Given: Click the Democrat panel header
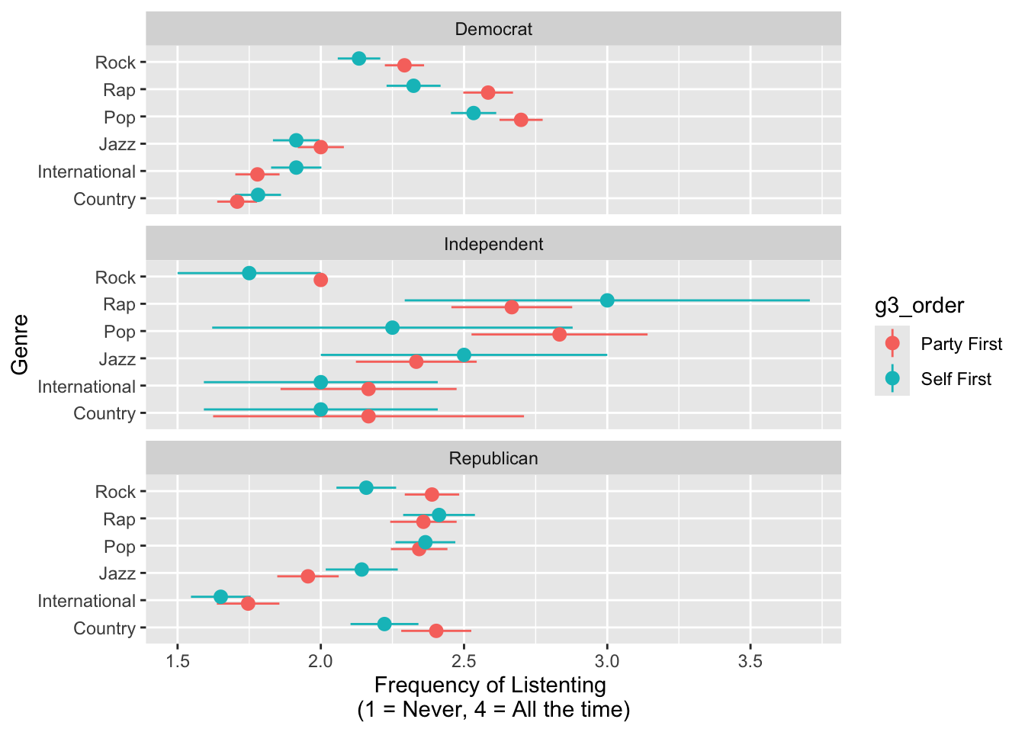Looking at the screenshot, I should point(493,30).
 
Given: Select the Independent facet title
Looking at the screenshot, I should point(493,244).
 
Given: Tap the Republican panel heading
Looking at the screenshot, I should point(493,458).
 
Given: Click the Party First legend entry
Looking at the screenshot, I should point(961,344).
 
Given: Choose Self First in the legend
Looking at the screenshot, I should point(956,379).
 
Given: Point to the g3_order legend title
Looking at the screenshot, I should point(919,306).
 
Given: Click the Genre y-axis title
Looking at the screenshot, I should point(21,344).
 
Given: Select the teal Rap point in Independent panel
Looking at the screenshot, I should point(607,300).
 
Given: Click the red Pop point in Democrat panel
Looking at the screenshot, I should point(521,120).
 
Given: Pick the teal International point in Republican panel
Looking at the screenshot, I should point(220,597).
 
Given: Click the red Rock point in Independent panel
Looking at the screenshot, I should point(320,280).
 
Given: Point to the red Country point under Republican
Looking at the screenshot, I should point(436,631).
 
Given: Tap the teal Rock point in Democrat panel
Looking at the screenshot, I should point(358,59).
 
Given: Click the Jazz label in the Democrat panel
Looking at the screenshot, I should point(117,144).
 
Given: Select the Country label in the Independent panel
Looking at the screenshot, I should point(104,413).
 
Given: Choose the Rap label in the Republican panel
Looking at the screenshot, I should point(119,519).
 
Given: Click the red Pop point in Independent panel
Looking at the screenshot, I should point(559,334).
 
